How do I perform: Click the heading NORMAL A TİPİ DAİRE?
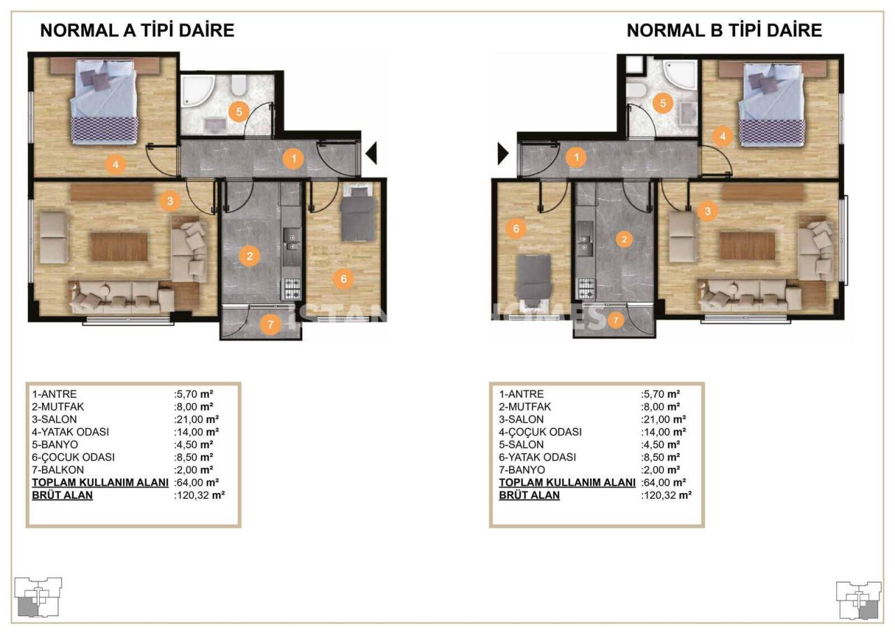coord(137,31)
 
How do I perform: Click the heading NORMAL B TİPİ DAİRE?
coord(724,31)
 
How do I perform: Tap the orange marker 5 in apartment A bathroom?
coord(238,111)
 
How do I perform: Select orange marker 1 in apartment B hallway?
coord(576,157)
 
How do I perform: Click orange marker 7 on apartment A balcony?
coord(271,324)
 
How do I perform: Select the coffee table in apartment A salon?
coord(119,246)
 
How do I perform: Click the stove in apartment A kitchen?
coord(290,289)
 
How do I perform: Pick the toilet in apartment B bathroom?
coord(636,91)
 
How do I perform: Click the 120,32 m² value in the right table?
coord(666,495)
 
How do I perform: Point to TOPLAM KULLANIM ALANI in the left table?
coord(100,482)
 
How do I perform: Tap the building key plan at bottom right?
coord(859,599)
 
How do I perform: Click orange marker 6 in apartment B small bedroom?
coord(516,229)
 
